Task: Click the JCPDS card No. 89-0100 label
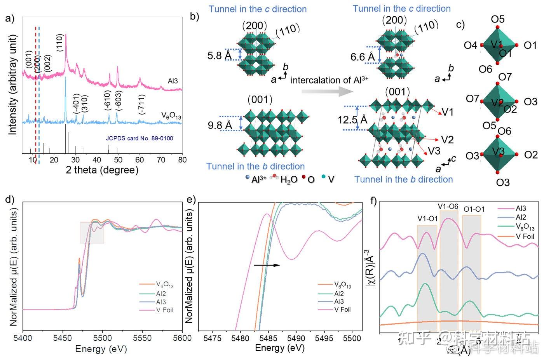[139, 138]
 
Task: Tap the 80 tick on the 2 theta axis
[182, 160]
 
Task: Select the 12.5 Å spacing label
[352, 120]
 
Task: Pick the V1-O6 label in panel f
[448, 207]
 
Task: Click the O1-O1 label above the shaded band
[474, 209]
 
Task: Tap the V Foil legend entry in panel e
[342, 310]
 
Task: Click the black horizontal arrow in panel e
[267, 265]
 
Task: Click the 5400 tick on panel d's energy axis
[23, 338]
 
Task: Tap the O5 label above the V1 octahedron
[498, 19]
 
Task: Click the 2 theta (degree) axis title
[102, 170]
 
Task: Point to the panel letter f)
[375, 201]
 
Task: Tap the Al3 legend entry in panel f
[521, 209]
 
